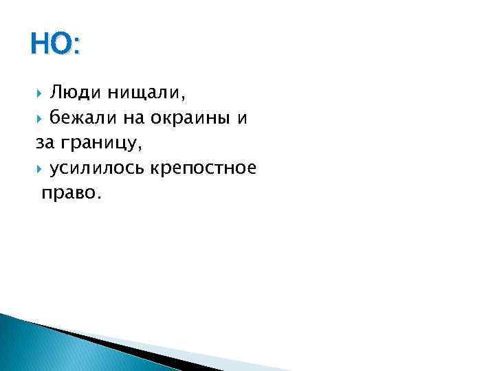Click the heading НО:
tap(55, 46)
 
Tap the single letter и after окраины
tap(242, 118)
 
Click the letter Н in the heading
tap(40, 46)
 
